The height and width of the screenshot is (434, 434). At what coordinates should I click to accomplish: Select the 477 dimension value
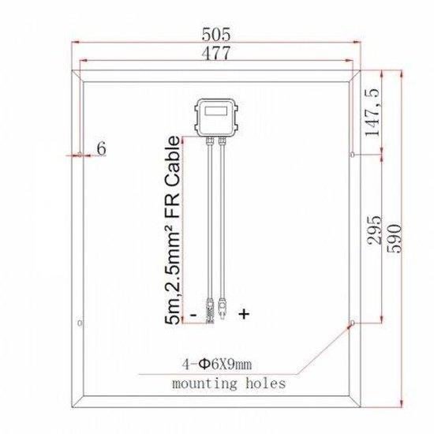(215, 54)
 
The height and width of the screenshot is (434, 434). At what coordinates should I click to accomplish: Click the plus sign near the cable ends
(243, 314)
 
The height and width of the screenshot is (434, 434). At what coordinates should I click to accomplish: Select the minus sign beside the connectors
(192, 314)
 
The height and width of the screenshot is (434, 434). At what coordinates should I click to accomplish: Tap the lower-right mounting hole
(353, 322)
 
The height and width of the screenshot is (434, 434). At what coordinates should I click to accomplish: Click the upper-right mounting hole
(353, 155)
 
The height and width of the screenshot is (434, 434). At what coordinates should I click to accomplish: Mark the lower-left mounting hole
(80, 322)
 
